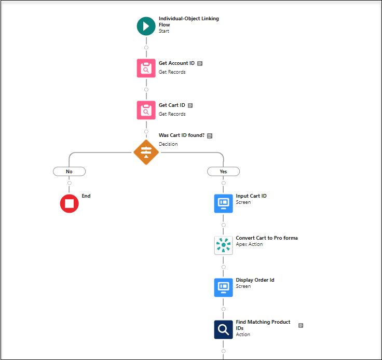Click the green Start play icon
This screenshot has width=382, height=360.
[x=146, y=26]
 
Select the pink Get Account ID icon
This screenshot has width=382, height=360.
[x=146, y=68]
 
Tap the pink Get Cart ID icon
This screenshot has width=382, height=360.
[x=146, y=110]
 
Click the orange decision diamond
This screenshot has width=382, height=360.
[x=146, y=152]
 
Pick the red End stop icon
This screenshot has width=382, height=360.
[x=69, y=203]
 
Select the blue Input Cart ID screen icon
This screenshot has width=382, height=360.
[x=223, y=203]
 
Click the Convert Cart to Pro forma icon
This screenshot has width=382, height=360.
[x=223, y=245]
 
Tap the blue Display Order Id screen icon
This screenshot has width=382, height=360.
[x=223, y=287]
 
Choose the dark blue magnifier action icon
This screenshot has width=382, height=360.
[x=223, y=329]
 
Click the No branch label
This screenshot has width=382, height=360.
[x=69, y=171]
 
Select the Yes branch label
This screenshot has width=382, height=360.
[x=223, y=171]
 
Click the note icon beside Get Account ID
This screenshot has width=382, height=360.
[x=200, y=63]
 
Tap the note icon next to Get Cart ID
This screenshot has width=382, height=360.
[x=190, y=105]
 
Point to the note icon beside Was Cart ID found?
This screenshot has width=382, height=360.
[x=210, y=136]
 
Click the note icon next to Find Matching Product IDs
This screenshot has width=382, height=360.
[x=301, y=325]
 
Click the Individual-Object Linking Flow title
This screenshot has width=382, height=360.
[x=188, y=21]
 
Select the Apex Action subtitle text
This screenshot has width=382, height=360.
[x=249, y=244]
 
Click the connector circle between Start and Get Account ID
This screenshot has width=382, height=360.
[x=146, y=47]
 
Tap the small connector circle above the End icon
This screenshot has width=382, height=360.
[x=69, y=183]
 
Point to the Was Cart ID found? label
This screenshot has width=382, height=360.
[x=181, y=135]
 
